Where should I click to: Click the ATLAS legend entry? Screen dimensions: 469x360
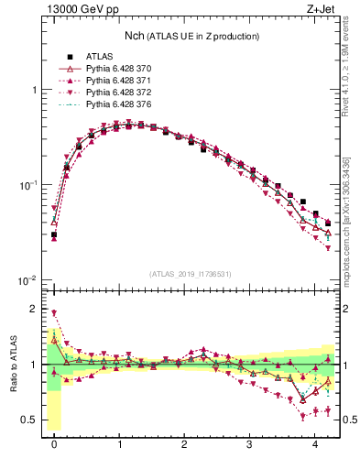point(100,58)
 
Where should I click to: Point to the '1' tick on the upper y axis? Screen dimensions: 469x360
point(34,90)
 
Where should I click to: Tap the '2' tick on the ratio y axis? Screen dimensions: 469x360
point(34,309)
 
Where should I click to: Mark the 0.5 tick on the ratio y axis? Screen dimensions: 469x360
point(30,420)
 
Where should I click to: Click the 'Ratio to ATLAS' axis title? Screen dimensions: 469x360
point(12,364)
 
